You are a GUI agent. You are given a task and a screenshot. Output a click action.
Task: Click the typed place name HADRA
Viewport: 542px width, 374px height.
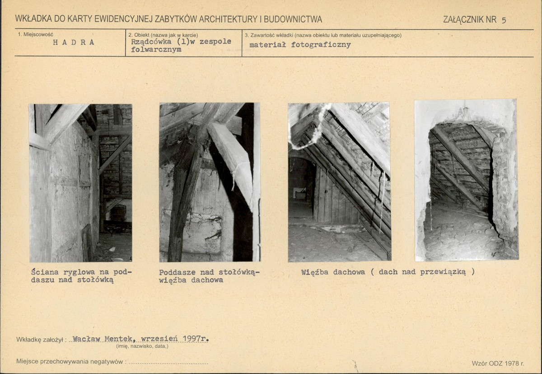pos(74,43)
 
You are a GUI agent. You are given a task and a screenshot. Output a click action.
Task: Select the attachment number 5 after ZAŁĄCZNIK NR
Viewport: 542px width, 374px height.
pos(504,20)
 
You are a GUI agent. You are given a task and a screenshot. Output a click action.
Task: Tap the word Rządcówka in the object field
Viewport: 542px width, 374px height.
pos(151,42)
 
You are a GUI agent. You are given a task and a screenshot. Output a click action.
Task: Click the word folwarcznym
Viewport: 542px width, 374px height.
pos(156,50)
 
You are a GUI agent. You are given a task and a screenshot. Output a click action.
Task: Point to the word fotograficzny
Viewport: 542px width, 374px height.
pos(321,45)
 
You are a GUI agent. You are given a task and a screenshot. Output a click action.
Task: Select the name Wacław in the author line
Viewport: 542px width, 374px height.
pos(86,339)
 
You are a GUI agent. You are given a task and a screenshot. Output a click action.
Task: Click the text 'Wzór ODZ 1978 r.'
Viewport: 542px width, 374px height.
pos(498,363)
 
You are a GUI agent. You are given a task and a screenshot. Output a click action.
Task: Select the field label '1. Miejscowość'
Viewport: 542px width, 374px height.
pos(35,35)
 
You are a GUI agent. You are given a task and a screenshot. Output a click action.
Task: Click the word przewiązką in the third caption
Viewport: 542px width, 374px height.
pos(443,272)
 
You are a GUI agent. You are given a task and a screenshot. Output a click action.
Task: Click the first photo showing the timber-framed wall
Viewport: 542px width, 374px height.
pos(80,183)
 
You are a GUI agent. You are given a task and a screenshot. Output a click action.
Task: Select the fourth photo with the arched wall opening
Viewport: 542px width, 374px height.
pos(467,180)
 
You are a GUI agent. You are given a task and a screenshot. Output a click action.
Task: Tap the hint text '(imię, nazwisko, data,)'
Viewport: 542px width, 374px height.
pos(142,346)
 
